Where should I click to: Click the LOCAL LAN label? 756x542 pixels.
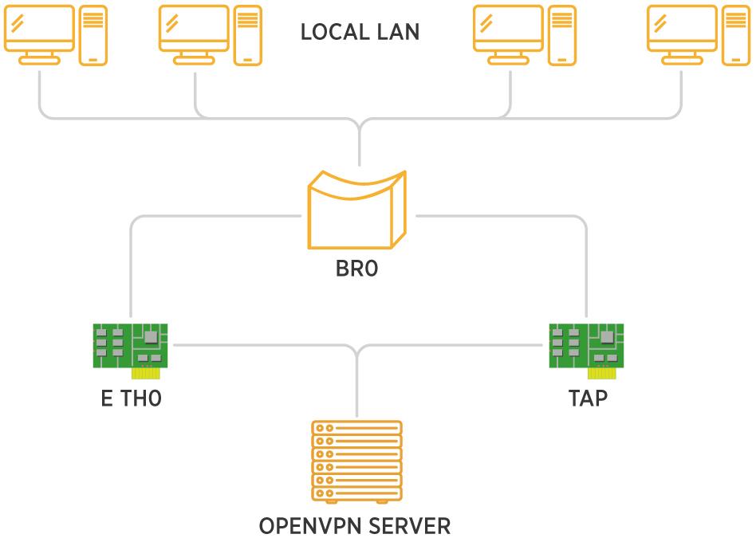360,33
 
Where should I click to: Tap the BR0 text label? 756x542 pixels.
356,269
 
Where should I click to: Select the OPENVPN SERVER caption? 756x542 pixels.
356,527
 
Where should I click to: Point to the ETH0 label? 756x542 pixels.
131,398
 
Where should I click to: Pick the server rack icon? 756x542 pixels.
357,462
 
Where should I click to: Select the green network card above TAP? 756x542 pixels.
586,346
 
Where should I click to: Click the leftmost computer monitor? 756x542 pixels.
39,33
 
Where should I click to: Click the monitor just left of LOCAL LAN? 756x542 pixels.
194,33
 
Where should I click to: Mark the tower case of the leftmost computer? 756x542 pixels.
93,35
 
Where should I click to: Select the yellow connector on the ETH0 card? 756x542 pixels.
146,371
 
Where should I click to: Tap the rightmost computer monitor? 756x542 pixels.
681,33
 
